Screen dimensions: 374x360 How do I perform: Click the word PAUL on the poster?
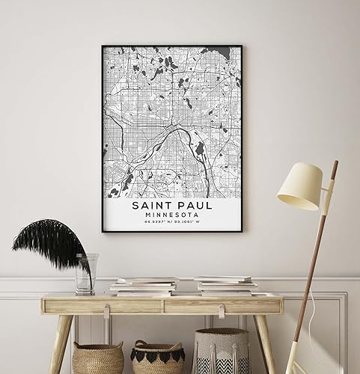pyautogui.click(x=193, y=203)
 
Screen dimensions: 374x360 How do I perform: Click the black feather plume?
pyautogui.click(x=52, y=244)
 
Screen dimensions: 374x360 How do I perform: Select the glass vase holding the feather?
pyautogui.click(x=86, y=274)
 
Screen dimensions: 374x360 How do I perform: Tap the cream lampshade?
pyautogui.click(x=299, y=186)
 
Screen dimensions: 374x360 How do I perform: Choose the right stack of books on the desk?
pyautogui.click(x=225, y=284)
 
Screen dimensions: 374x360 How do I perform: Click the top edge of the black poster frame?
pyautogui.click(x=171, y=46)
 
